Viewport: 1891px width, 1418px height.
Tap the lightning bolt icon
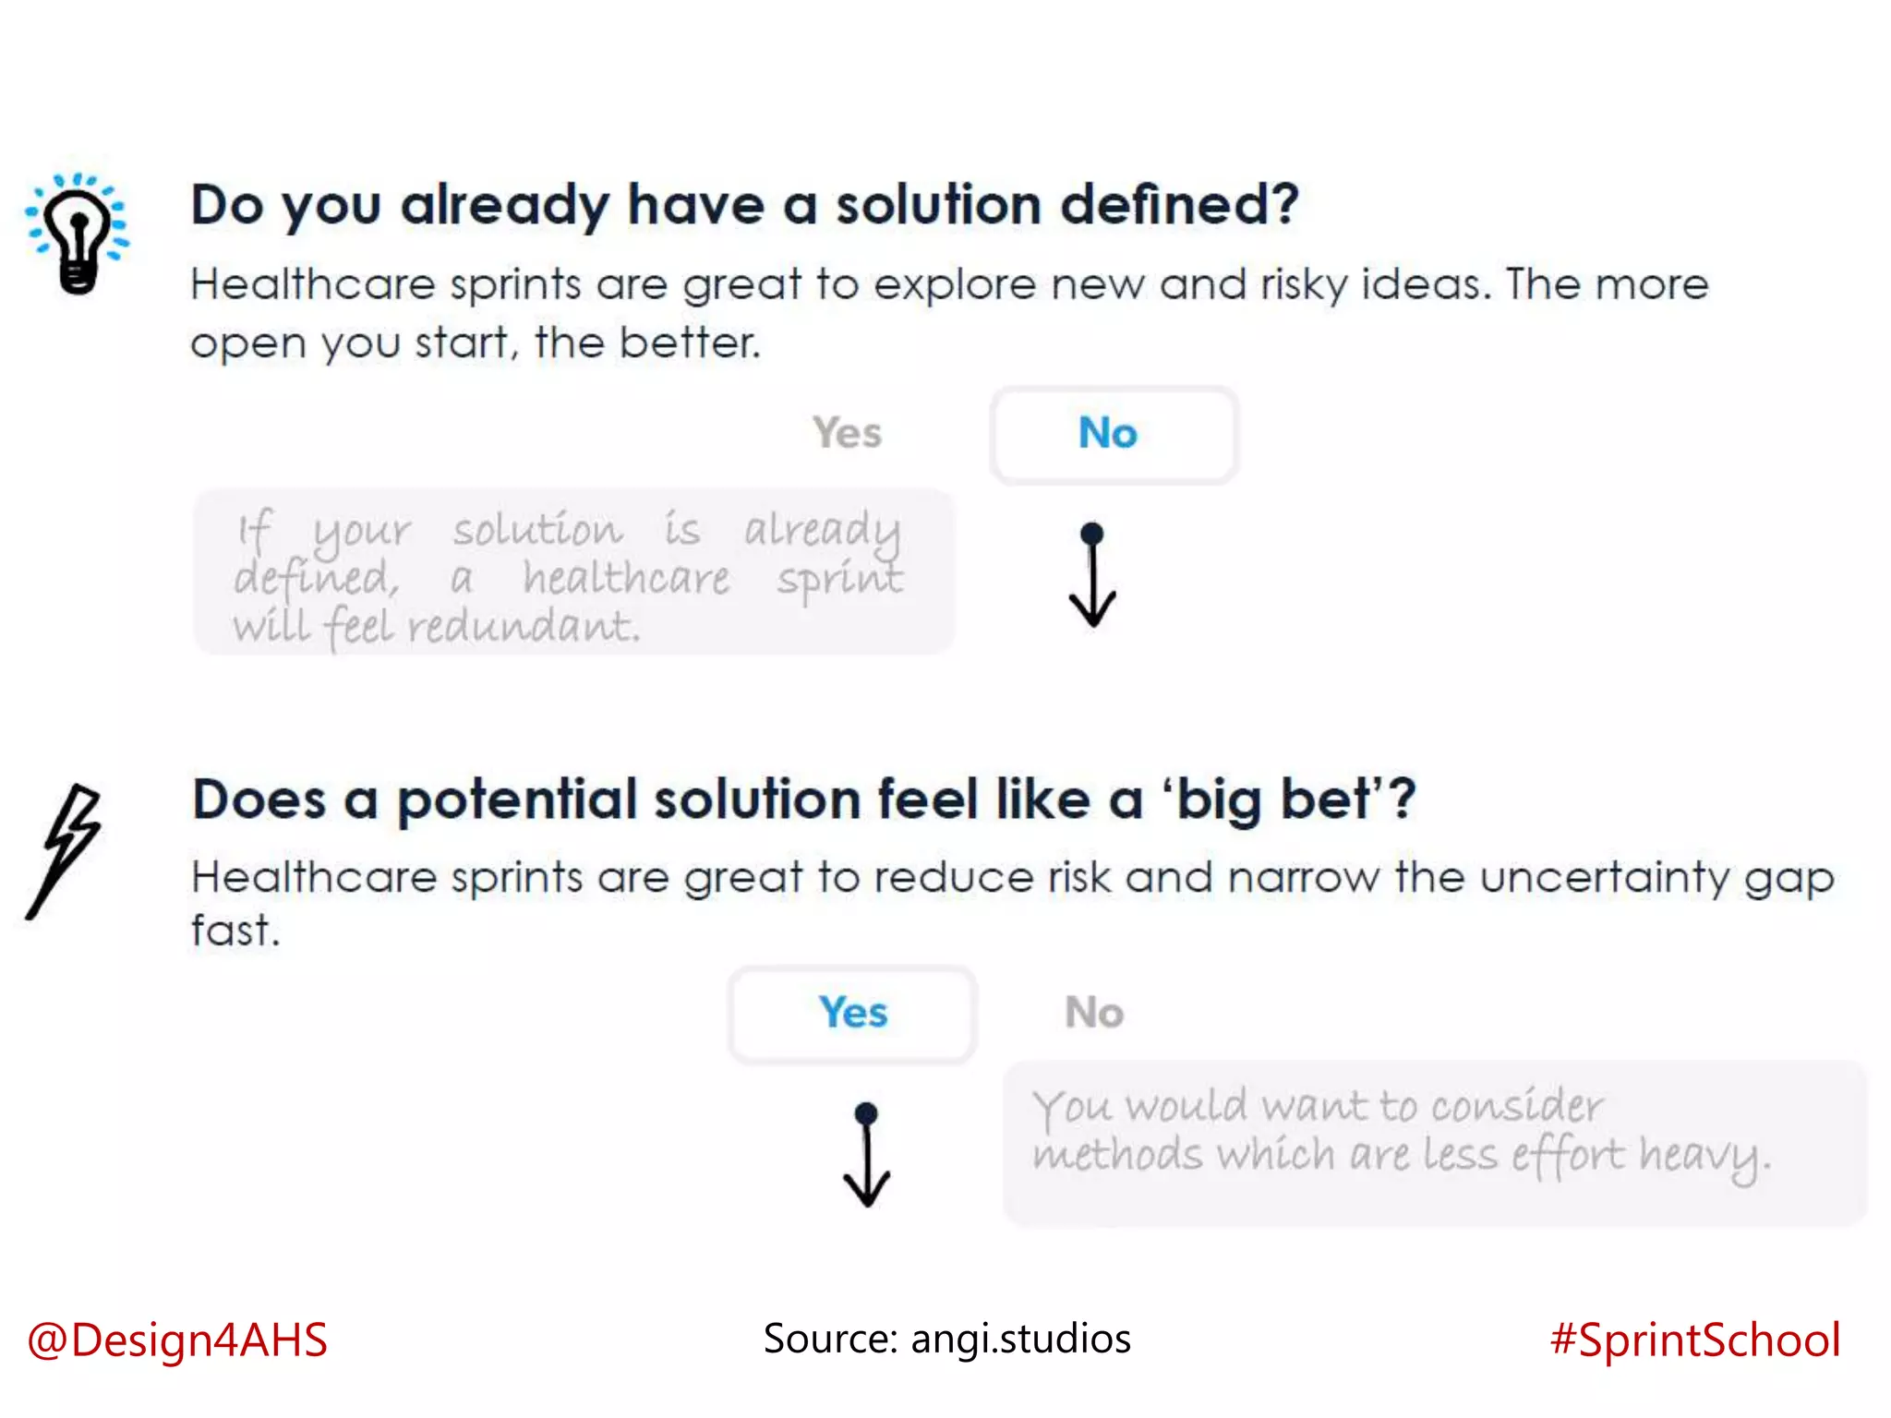point(65,849)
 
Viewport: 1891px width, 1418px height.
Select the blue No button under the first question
point(1113,434)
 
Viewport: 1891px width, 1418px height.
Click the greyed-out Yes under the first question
point(847,433)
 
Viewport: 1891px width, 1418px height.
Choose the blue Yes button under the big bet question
point(852,1014)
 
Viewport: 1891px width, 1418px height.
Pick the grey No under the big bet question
point(1094,1013)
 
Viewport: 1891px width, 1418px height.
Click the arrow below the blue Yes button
point(866,1155)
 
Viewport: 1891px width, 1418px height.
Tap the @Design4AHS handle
point(177,1340)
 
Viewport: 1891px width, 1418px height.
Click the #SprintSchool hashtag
point(1695,1340)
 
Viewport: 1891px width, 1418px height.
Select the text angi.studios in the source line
point(1020,1339)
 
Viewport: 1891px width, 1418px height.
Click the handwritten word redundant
point(524,628)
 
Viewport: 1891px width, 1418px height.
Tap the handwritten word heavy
point(1704,1156)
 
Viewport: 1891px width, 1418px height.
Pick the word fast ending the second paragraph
point(233,931)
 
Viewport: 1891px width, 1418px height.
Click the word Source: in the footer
point(830,1339)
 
